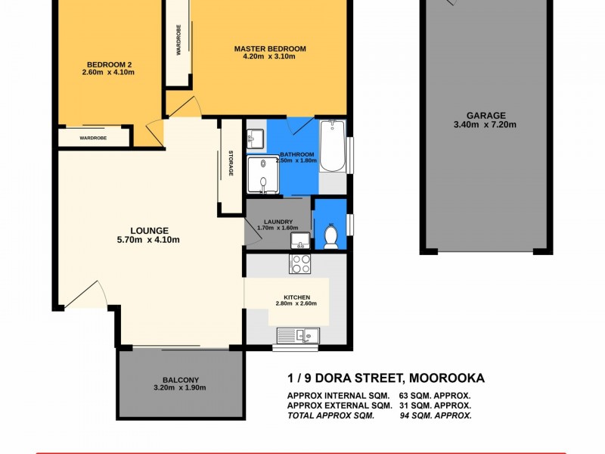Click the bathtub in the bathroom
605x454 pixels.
click(332, 146)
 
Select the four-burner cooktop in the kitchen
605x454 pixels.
click(300, 264)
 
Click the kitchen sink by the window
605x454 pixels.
click(299, 334)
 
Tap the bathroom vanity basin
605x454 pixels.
click(255, 138)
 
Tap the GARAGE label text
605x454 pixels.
click(485, 116)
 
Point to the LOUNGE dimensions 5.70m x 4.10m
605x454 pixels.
click(148, 240)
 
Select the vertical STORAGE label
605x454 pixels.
click(231, 164)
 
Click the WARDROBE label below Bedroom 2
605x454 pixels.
click(93, 138)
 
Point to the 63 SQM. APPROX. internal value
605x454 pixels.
click(435, 396)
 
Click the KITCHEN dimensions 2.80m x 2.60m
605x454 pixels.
click(296, 304)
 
